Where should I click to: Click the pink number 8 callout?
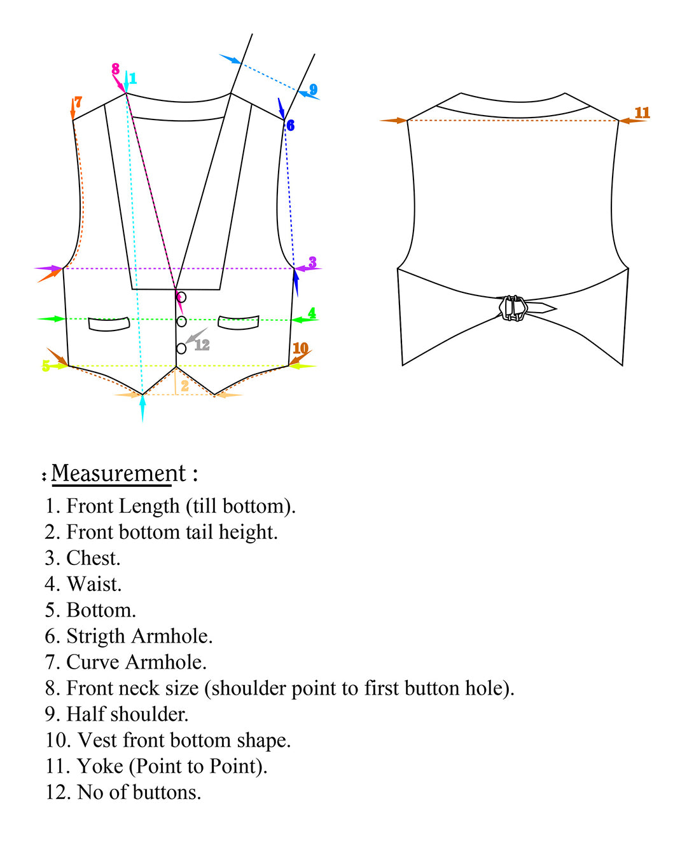tap(115, 69)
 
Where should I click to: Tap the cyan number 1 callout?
tap(133, 79)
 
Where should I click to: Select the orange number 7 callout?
tap(78, 102)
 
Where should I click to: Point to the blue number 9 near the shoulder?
tap(313, 90)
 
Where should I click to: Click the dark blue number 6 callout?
tap(290, 125)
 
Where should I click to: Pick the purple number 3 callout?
tap(312, 262)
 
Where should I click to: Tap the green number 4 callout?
tap(312, 313)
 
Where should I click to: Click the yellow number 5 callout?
tap(46, 366)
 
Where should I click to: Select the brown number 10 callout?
tap(300, 348)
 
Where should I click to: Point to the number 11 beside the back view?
tap(642, 112)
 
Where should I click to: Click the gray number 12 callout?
tap(202, 345)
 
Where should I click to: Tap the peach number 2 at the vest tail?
tap(184, 386)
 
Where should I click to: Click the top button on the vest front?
tap(181, 297)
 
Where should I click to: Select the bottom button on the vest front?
tap(181, 348)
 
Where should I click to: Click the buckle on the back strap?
tap(513, 308)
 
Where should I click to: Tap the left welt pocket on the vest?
tap(109, 324)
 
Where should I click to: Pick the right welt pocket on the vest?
tap(239, 322)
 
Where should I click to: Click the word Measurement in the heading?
tap(118, 473)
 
